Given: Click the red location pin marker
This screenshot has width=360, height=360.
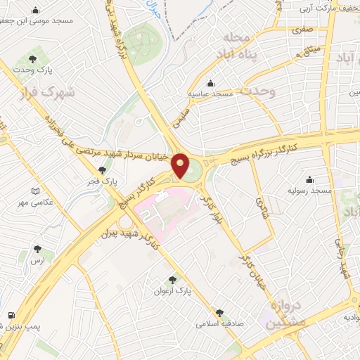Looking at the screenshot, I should tap(181, 166).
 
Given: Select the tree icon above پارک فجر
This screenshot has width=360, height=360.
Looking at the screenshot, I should tap(103, 169).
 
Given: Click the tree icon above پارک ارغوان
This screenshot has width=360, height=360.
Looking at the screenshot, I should tap(173, 279).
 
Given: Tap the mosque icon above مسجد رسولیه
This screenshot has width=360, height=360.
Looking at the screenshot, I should tap(310, 179).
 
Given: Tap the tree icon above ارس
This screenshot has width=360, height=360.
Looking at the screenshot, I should tap(37, 249).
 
